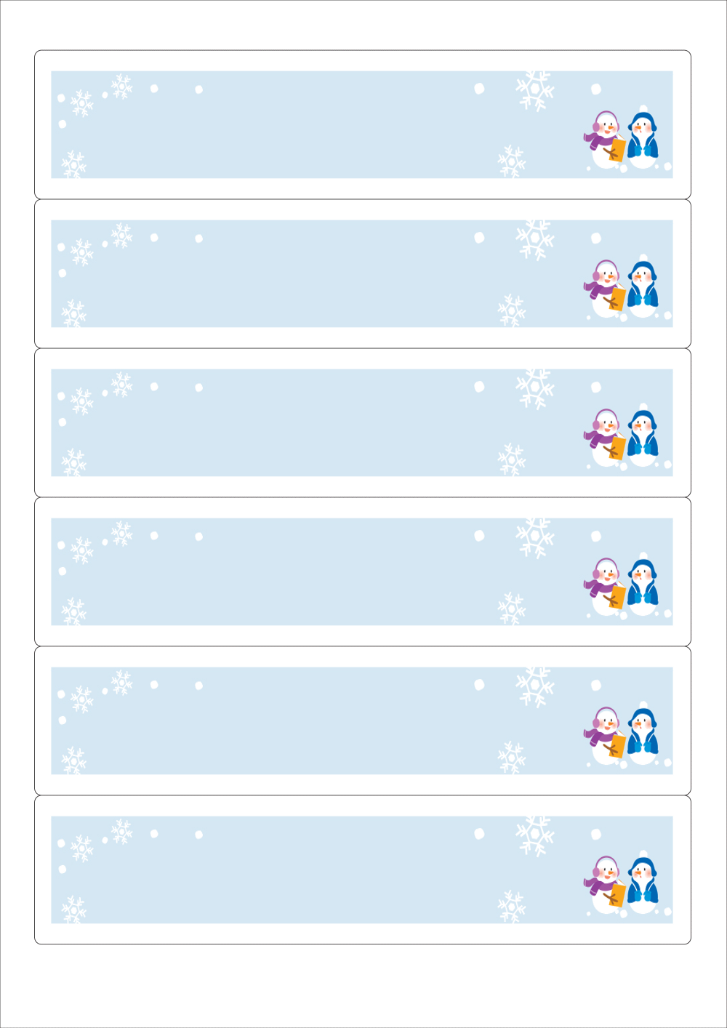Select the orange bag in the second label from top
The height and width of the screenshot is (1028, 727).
[617, 298]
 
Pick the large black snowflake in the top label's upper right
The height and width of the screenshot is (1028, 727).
[535, 89]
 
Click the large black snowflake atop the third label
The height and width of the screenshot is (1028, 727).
[535, 387]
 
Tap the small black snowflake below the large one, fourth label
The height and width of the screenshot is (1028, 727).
[512, 609]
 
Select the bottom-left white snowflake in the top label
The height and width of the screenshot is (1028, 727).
[73, 165]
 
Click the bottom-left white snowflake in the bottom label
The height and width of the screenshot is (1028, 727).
[73, 910]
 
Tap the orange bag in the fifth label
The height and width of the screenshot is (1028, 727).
[617, 745]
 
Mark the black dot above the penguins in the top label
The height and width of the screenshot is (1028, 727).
[596, 89]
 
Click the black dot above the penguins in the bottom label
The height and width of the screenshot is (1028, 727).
[596, 835]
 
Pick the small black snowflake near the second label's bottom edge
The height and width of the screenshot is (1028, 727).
[512, 311]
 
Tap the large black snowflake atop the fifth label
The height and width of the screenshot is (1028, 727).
[535, 686]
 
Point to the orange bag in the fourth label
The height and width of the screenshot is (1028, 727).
[617, 596]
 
